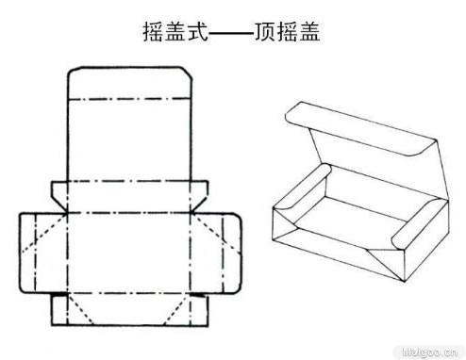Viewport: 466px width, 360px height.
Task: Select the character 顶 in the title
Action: point(267,32)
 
